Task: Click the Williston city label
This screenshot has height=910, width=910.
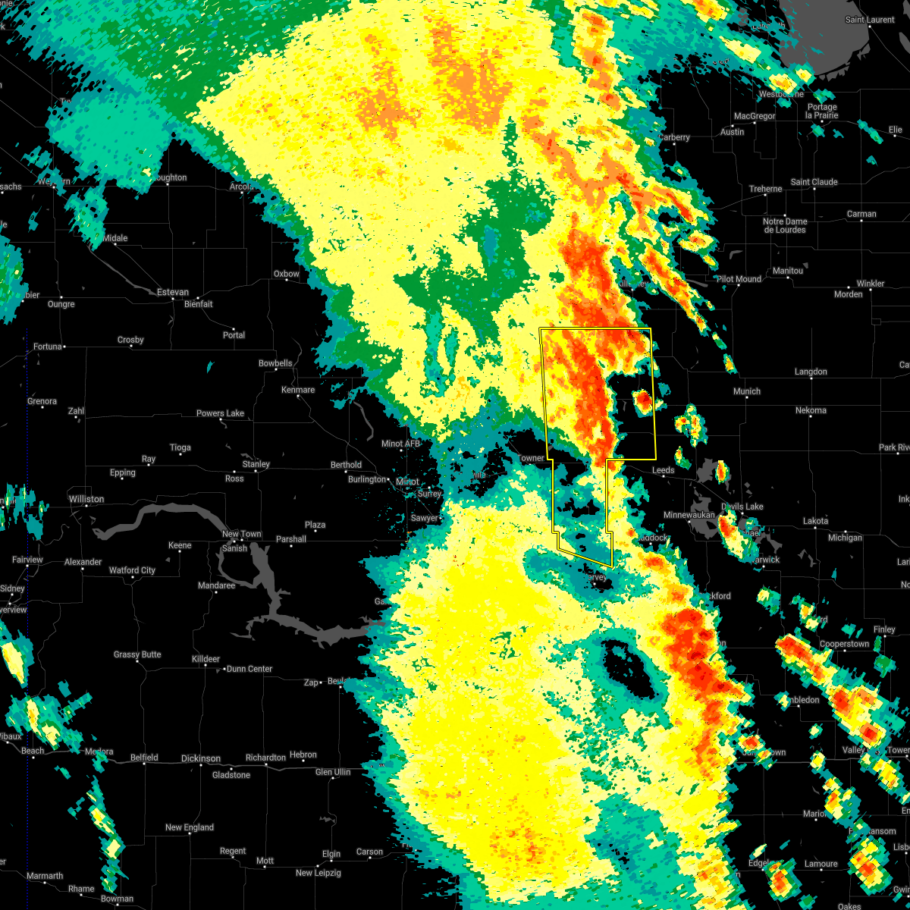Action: [86, 499]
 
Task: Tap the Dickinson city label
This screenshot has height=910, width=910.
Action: [201, 758]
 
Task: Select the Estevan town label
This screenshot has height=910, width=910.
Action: [172, 292]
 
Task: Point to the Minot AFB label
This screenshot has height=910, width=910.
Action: [400, 444]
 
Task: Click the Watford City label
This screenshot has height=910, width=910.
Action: [132, 570]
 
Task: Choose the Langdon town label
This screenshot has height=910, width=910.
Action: [811, 372]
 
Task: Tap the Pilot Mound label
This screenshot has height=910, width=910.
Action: [739, 279]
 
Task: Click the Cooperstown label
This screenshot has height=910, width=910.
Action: [844, 644]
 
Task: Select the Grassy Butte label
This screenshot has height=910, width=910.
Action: [137, 654]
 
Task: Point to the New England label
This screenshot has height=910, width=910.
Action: [190, 827]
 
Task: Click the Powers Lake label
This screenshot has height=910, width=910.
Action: [220, 413]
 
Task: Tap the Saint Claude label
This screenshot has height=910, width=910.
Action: [814, 182]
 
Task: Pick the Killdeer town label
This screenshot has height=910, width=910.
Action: [206, 659]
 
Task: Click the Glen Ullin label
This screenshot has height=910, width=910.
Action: [333, 772]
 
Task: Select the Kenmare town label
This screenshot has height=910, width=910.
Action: [298, 390]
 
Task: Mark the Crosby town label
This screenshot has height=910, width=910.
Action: [130, 340]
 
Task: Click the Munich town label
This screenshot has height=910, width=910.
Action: [746, 391]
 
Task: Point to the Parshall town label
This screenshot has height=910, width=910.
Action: [291, 539]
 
